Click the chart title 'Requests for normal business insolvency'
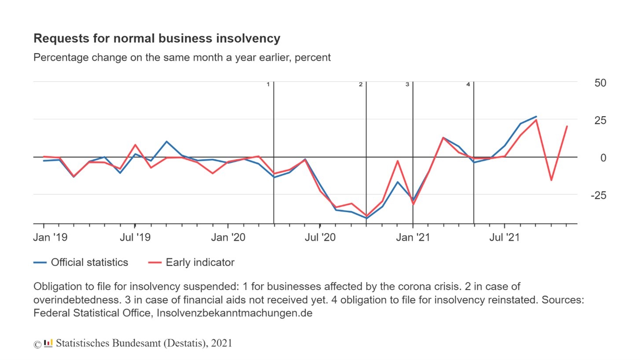click(157, 38)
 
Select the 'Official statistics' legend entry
click(89, 262)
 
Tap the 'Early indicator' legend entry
click(200, 262)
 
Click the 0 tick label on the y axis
click(603, 158)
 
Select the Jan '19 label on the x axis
click(51, 238)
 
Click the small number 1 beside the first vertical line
click(268, 84)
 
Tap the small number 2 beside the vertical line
click(360, 84)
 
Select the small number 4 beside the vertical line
click(468, 84)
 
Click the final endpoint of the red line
click(567, 126)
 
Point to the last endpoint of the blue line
click(536, 117)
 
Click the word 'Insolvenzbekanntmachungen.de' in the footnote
click(234, 314)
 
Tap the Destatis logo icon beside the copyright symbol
click(48, 343)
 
